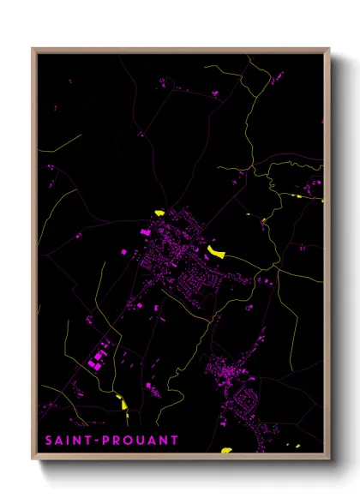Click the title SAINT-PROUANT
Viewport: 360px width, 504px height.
tap(112, 441)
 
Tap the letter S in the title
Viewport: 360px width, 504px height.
tap(49, 441)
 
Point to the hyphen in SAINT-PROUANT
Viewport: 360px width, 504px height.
tap(96, 441)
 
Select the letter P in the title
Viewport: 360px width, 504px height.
tap(105, 441)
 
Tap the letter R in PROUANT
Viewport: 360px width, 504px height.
tap(117, 441)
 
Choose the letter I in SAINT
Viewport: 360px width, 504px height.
tap(69, 441)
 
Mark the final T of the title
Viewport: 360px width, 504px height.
tap(175, 441)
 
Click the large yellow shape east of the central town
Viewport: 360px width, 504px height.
tap(215, 251)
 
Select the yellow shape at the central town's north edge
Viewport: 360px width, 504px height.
tap(159, 213)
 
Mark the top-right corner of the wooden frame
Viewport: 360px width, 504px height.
tap(329, 49)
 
